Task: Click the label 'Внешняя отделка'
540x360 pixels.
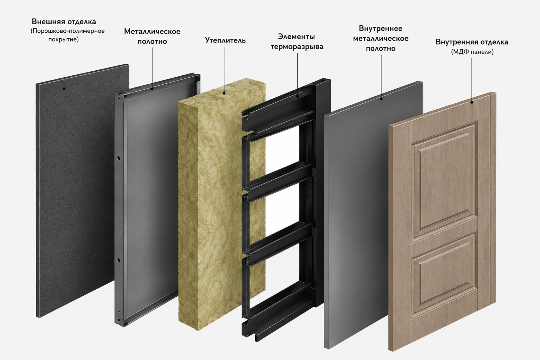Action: (64, 22)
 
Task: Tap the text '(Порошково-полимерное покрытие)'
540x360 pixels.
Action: (67, 35)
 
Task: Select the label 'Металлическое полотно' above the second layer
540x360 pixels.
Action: (152, 37)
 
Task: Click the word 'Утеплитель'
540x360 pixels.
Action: (225, 40)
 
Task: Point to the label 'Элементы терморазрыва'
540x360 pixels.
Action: (297, 42)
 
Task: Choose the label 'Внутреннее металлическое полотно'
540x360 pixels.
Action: (381, 38)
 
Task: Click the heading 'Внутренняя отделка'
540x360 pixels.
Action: (472, 42)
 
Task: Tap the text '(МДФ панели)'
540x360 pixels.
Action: (472, 52)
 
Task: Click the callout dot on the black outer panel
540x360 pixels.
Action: (64, 89)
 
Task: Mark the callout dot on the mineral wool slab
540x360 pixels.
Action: (224, 93)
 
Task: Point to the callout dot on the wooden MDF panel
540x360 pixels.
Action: (472, 102)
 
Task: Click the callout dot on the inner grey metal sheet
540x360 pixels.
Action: (381, 99)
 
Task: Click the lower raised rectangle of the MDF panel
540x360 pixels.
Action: (444, 272)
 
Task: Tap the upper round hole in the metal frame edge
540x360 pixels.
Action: (118, 158)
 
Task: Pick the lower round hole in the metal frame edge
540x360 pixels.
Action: (118, 260)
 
